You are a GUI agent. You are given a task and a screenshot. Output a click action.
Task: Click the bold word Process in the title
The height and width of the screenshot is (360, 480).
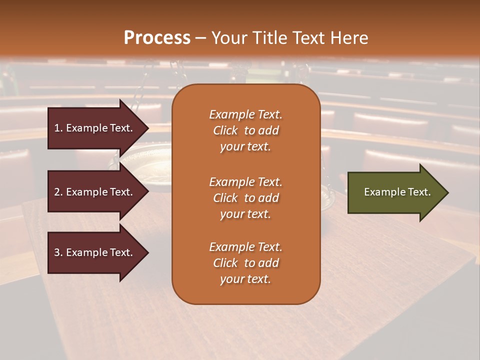pyautogui.click(x=157, y=38)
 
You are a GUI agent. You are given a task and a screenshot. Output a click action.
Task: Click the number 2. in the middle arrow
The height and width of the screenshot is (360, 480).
pyautogui.click(x=58, y=192)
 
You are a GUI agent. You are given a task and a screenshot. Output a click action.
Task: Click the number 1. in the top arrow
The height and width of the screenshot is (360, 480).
pyautogui.click(x=58, y=128)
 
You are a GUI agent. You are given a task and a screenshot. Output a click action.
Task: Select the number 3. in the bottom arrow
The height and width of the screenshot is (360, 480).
pyautogui.click(x=58, y=252)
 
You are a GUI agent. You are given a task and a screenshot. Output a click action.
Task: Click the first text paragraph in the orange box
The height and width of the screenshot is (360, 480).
pyautogui.click(x=245, y=130)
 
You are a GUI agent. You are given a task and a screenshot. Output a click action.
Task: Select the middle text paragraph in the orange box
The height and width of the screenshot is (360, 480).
pyautogui.click(x=245, y=198)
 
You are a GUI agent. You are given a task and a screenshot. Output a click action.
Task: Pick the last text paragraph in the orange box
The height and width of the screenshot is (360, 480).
pyautogui.click(x=245, y=263)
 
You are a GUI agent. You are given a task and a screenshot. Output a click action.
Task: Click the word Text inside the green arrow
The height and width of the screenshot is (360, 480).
pyautogui.click(x=419, y=192)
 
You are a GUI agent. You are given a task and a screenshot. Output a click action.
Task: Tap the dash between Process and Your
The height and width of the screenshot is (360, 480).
pyautogui.click(x=200, y=38)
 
